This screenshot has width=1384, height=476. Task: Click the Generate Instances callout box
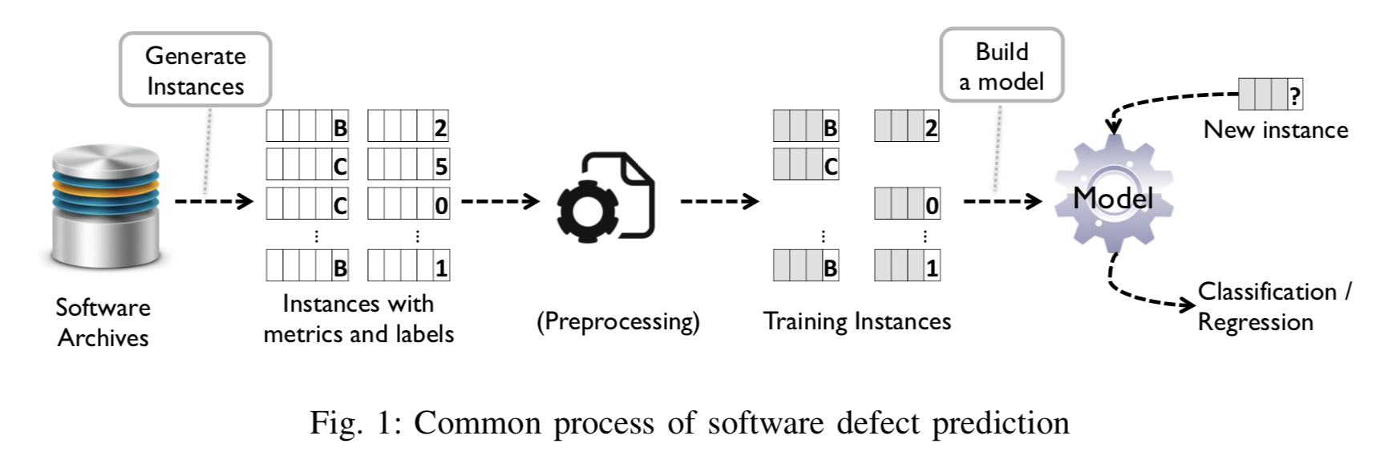(x=195, y=70)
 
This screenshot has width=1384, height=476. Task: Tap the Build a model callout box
(x=1002, y=66)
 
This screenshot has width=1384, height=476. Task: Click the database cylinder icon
(x=105, y=207)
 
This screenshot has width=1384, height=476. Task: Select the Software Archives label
(x=103, y=322)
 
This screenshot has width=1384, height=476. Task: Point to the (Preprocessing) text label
(x=617, y=321)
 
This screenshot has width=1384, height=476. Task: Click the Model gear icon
(x=1113, y=196)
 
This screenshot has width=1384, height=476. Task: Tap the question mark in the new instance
(x=1294, y=95)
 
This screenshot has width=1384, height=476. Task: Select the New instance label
(x=1275, y=130)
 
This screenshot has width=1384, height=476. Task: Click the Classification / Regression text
(x=1273, y=306)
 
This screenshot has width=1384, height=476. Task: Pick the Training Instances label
(x=856, y=321)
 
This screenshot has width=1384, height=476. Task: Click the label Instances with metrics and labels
(x=358, y=318)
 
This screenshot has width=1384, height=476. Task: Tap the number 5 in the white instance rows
(x=441, y=166)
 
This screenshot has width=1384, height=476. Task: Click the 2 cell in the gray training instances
(x=930, y=127)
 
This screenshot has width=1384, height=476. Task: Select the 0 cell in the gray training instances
(x=931, y=205)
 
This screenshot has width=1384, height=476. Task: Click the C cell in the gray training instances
(x=830, y=166)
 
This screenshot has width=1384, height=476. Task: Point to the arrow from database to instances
(x=213, y=200)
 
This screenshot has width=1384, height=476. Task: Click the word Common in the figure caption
(x=477, y=423)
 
